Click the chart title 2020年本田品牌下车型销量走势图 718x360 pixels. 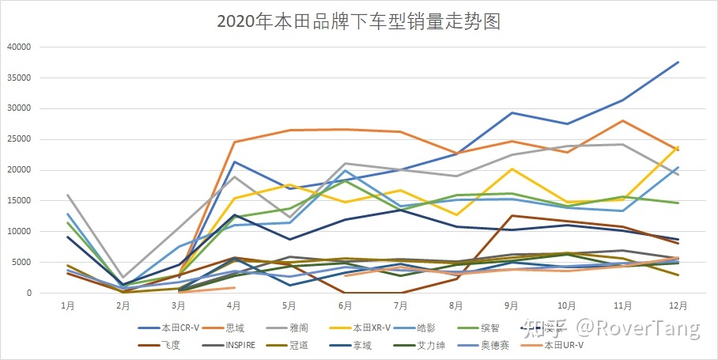click(359, 21)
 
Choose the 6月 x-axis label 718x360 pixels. click(344, 304)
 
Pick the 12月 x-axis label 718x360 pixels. click(678, 304)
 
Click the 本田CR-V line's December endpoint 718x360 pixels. click(678, 62)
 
